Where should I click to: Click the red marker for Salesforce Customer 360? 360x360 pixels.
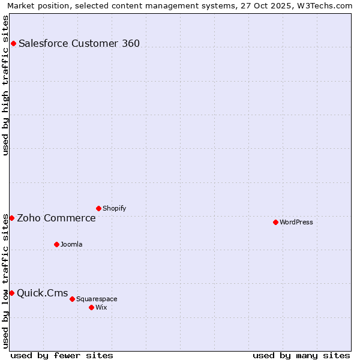pos(13,43)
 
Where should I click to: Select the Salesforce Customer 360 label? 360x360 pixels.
pos(79,43)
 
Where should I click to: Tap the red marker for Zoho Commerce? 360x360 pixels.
pos(11,218)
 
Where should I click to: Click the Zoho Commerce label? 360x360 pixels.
pos(56,218)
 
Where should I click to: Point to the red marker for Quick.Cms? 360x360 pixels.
pos(11,293)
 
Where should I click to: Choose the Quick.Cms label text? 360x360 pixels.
pos(43,293)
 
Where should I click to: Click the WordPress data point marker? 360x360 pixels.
pos(275,222)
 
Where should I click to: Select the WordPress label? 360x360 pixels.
pos(296,222)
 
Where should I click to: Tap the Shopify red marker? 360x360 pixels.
pos(98,208)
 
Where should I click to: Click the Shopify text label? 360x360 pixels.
pos(115,208)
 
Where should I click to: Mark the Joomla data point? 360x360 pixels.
pos(56,244)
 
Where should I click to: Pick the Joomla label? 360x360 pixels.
pos(71,244)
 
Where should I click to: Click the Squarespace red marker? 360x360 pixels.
pos(72,299)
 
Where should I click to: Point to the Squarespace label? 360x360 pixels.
pos(97,299)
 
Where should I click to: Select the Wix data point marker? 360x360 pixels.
pos(91,307)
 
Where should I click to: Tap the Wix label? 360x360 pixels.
pos(101,307)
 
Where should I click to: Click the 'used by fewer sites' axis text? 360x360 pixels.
pos(62,355)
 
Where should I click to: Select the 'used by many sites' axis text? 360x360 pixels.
pos(301,355)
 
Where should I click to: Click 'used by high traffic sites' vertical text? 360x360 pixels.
pos(5,85)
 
